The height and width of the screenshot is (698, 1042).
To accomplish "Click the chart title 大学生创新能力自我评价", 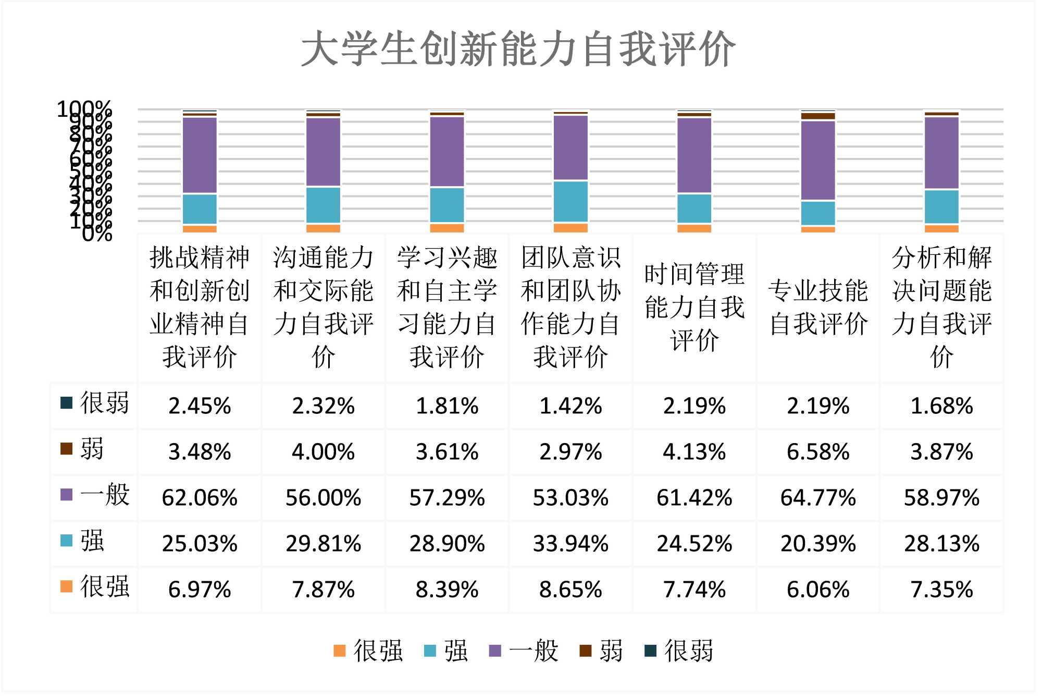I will point(518,48).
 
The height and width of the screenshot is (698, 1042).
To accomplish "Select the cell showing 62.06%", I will point(200,498).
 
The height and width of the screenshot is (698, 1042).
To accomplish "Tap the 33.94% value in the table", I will point(570,544).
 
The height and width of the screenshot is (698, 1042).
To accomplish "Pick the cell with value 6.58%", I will point(818,452).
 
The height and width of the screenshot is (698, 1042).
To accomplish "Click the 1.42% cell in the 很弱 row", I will point(570,406).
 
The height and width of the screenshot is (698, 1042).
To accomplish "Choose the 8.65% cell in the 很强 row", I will point(570,590).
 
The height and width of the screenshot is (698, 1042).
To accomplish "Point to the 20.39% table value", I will point(818,544).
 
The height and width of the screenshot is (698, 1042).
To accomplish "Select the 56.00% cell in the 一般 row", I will point(323,498).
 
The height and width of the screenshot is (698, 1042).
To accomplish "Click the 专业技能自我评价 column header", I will point(818,307).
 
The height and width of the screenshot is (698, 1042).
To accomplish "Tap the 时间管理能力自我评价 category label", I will point(694,307).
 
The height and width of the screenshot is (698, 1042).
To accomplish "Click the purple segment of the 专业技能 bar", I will point(818,160).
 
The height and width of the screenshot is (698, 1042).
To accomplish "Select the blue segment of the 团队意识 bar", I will point(570,202).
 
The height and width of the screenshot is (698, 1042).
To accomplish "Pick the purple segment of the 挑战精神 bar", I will point(200,155).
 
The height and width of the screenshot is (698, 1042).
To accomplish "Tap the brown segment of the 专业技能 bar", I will point(818,116).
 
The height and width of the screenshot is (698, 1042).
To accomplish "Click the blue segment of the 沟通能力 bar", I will point(323,205).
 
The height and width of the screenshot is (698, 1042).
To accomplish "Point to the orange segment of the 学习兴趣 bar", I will point(447,228).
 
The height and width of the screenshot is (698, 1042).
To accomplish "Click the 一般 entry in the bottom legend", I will point(524,651).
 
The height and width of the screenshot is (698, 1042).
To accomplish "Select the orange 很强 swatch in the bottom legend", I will point(340,651).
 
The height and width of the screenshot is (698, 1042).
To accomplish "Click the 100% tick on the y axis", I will point(84,109).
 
